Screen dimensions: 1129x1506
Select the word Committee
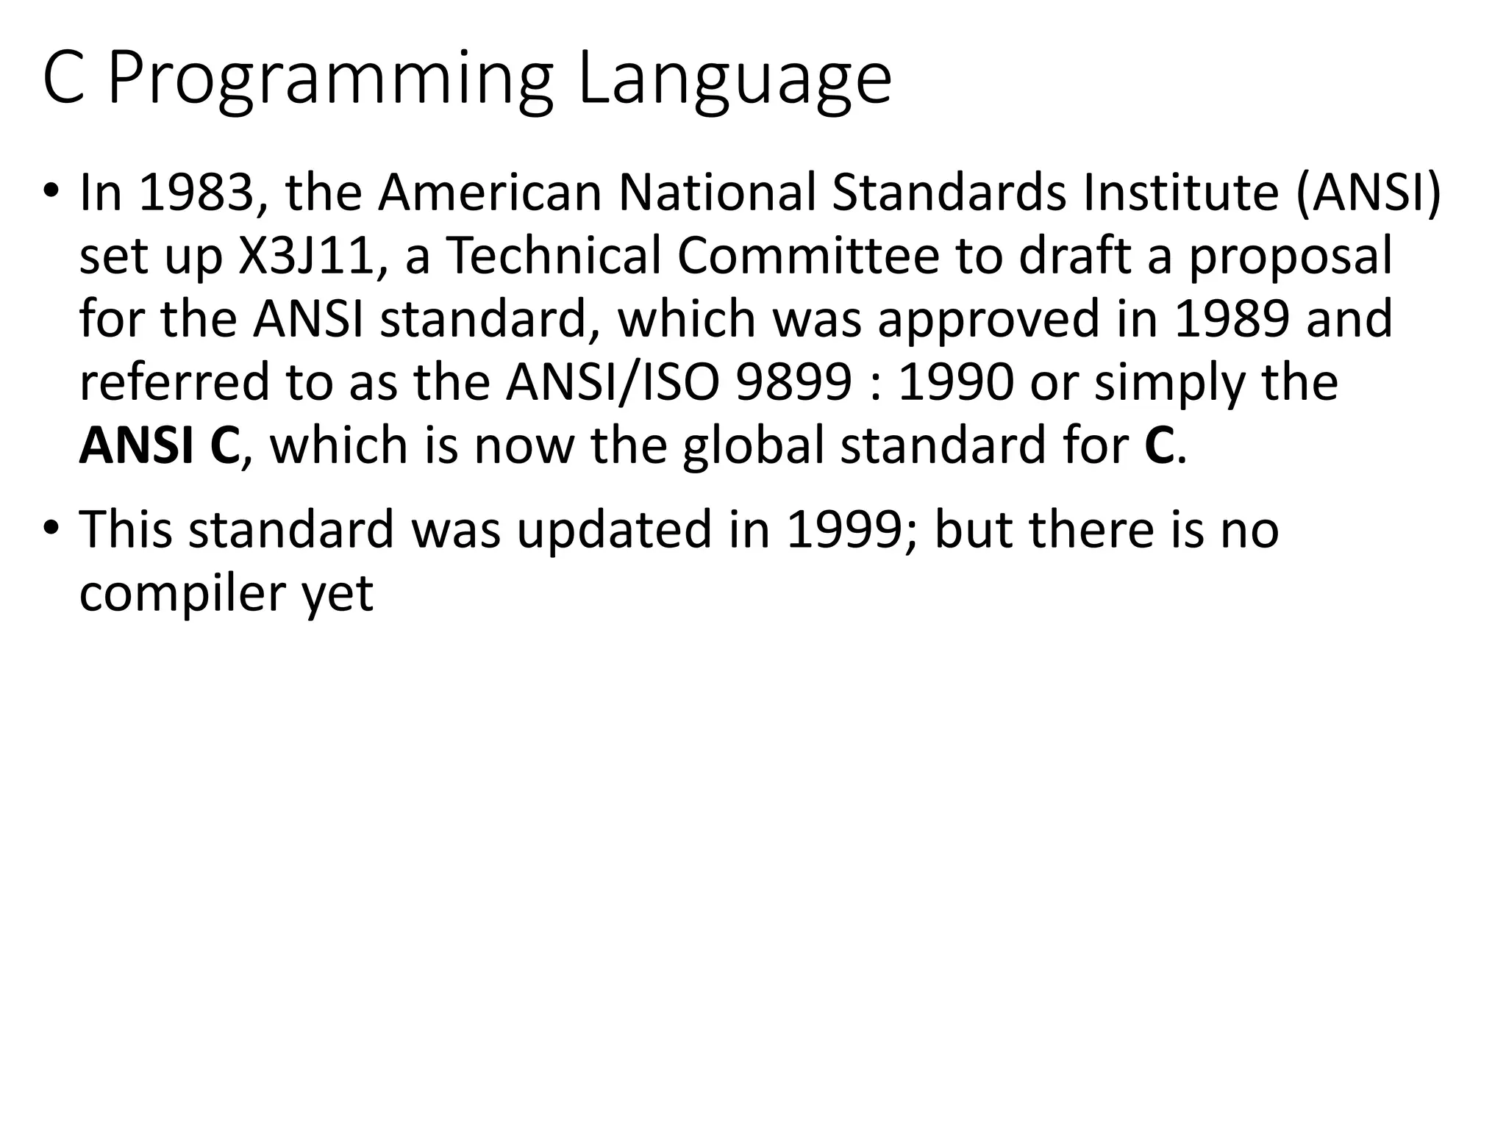(x=808, y=256)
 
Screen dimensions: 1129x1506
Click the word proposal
(x=1291, y=256)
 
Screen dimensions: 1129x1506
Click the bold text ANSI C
(x=159, y=446)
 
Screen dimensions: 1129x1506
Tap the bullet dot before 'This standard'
(x=50, y=529)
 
